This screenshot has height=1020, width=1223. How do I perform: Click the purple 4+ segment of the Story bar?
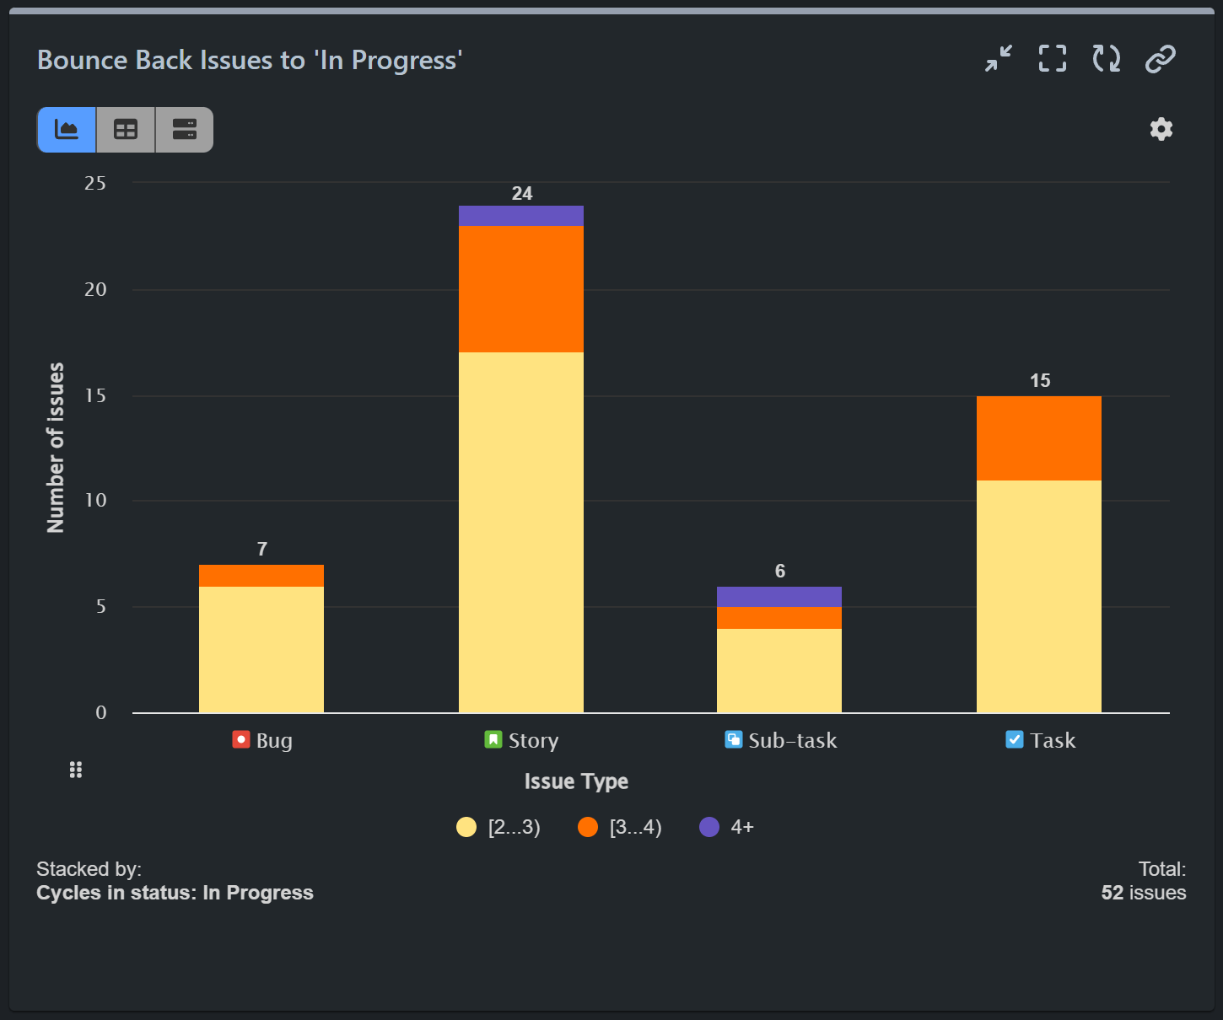coord(520,216)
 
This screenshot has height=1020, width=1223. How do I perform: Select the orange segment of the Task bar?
coord(1038,438)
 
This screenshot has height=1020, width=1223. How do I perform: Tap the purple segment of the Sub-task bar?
coord(779,597)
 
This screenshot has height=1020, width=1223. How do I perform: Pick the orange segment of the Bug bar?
coord(261,576)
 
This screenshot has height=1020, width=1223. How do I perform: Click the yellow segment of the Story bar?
coord(520,532)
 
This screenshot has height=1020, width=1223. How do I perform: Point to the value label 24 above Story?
coord(522,194)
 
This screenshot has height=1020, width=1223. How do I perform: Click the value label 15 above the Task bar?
coord(1040,381)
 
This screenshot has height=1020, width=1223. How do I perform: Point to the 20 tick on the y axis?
coord(95,290)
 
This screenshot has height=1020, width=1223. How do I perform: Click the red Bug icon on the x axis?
coord(241,739)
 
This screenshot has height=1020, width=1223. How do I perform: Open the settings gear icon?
coord(1161,129)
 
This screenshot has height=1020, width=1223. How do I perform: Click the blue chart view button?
coord(67,130)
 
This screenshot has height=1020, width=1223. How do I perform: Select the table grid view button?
coord(126,130)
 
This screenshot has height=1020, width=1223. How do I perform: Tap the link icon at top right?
coord(1161,59)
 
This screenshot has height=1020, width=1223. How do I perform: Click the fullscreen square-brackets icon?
coord(1053,59)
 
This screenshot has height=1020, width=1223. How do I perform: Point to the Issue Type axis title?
coord(576,781)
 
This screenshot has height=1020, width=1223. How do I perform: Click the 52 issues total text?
coord(1143,893)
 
